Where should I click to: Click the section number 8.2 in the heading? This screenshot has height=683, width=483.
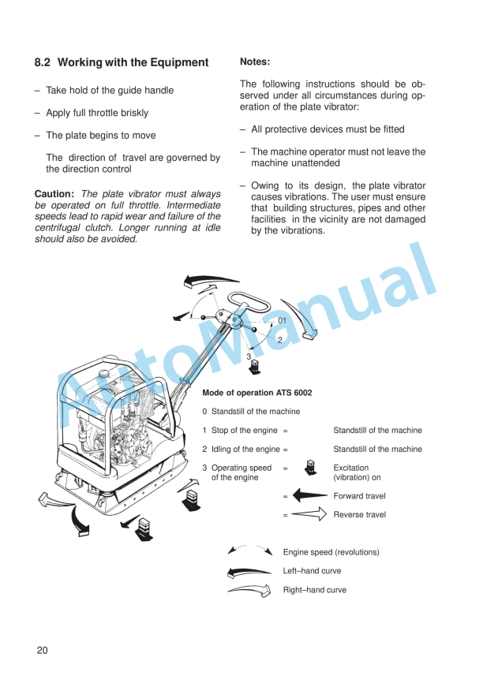pos(43,62)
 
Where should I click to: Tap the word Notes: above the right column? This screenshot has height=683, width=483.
pos(255,62)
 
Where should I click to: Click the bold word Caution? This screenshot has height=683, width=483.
pos(54,194)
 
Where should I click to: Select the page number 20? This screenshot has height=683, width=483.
pos(42,651)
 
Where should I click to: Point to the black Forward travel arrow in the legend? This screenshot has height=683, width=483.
pos(309,496)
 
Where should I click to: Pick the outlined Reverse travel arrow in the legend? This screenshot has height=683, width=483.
pos(309,515)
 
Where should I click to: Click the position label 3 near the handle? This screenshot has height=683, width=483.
pos(249,356)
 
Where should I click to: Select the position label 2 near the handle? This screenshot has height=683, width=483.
pos(279,340)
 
